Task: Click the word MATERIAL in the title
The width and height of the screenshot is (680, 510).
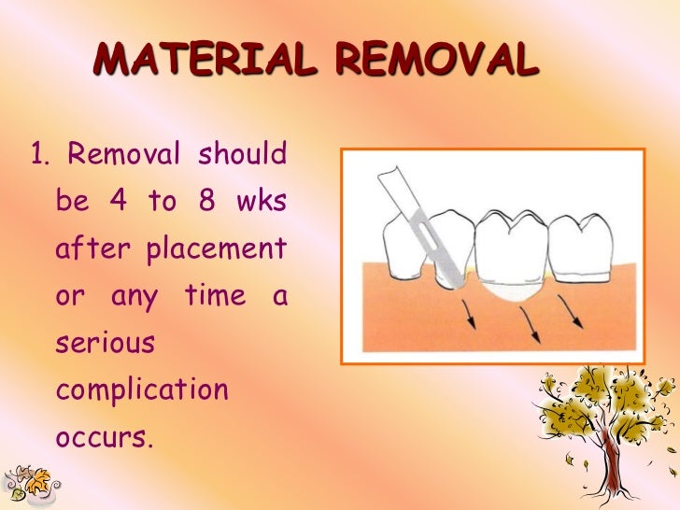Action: (207, 61)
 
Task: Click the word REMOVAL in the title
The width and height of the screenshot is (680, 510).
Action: (437, 61)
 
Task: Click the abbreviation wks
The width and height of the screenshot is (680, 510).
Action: (262, 202)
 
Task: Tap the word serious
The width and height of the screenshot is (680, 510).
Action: (105, 342)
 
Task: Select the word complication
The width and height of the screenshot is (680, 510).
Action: (142, 390)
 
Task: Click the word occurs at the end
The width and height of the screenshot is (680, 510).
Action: (103, 436)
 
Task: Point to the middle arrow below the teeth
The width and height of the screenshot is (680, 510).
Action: (535, 324)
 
